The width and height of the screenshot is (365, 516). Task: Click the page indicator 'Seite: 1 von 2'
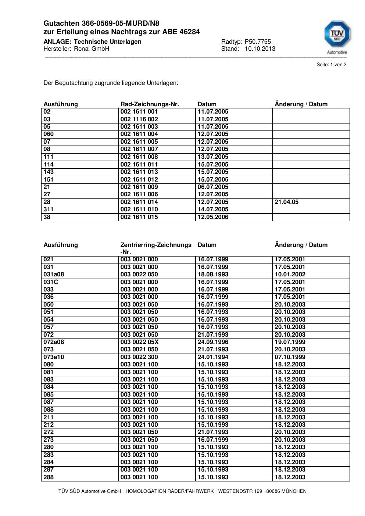(x=331, y=65)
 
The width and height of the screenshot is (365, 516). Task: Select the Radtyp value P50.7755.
(x=258, y=42)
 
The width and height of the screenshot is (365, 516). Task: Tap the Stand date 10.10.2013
(x=260, y=49)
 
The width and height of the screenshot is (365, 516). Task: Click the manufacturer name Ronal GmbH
(x=92, y=49)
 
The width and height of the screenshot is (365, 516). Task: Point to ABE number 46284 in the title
(x=190, y=32)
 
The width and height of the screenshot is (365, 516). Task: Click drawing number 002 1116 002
(x=139, y=119)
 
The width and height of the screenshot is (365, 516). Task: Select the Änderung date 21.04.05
(x=286, y=202)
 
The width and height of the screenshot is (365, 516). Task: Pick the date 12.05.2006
(x=213, y=217)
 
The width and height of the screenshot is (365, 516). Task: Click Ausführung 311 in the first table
(x=49, y=209)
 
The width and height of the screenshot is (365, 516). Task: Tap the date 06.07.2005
(x=213, y=187)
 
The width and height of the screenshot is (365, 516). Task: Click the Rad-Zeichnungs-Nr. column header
(x=150, y=104)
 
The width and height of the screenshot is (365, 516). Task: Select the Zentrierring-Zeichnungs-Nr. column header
(x=156, y=248)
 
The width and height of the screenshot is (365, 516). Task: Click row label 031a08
(x=54, y=274)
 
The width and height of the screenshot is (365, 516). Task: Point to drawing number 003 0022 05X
(x=139, y=342)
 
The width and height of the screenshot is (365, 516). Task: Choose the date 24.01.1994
(x=213, y=357)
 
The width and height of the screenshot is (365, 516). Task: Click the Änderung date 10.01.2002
(x=290, y=274)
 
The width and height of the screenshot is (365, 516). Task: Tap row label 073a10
(x=54, y=357)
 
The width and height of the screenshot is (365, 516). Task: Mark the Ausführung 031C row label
(x=51, y=282)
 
